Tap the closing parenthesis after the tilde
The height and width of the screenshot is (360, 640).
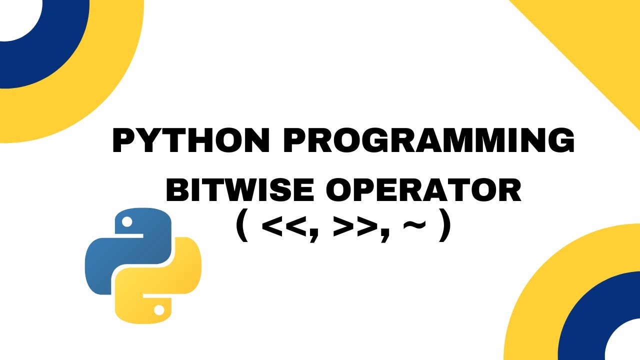[444, 229]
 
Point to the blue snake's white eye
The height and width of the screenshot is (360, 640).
[127, 221]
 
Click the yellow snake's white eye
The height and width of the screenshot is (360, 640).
[159, 310]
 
